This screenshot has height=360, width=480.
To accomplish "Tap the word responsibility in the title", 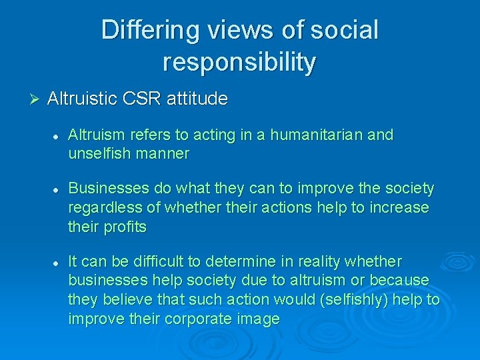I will coord(239,62).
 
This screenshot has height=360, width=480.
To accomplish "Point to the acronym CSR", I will coord(141,99).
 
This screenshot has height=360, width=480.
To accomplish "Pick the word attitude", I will coord(195,99).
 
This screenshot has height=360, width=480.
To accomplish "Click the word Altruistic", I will coord(83,99).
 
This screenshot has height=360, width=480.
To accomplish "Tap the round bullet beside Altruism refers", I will coord(57,136).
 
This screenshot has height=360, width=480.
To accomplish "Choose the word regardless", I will coord(102,208).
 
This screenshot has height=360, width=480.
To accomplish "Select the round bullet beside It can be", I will coord(57,262).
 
